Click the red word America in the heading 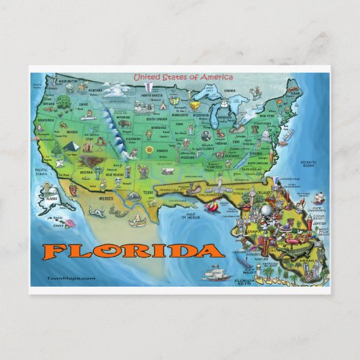215,77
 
